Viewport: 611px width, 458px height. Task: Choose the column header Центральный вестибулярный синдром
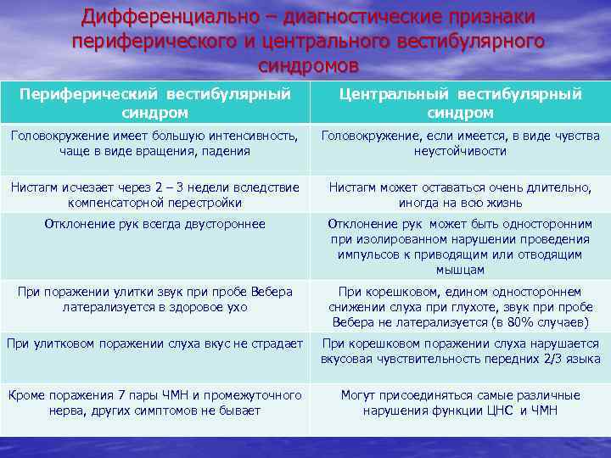pos(461,103)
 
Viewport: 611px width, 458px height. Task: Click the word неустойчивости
pos(461,151)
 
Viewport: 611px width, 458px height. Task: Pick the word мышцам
pos(461,270)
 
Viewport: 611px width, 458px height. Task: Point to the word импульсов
pos(367,254)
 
